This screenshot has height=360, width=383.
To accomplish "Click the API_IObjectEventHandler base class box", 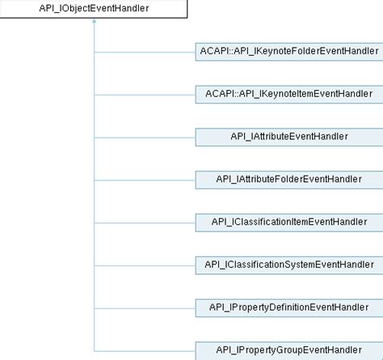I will pos(94,9).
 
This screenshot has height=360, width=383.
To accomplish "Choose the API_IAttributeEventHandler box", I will pos(288,137).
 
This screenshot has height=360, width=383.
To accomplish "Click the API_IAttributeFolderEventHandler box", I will pos(288,179).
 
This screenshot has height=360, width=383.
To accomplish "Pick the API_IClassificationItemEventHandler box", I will pos(288,222).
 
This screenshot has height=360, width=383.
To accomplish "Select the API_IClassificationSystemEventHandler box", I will pos(288,265).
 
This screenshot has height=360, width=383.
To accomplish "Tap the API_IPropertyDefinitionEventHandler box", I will pos(288,307).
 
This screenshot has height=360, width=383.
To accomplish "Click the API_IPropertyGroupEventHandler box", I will pos(288,349).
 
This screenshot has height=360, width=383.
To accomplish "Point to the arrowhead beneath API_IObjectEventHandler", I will pos(95,23).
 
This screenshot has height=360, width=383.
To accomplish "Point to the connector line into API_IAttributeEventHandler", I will pos(145,137).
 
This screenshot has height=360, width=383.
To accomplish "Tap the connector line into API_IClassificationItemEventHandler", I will pos(145,222).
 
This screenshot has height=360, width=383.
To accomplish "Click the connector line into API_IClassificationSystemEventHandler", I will pos(145,265).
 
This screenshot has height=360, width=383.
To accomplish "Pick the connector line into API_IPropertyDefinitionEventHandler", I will pos(145,307).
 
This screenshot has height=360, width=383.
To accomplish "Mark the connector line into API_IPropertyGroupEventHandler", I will pos(145,349).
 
